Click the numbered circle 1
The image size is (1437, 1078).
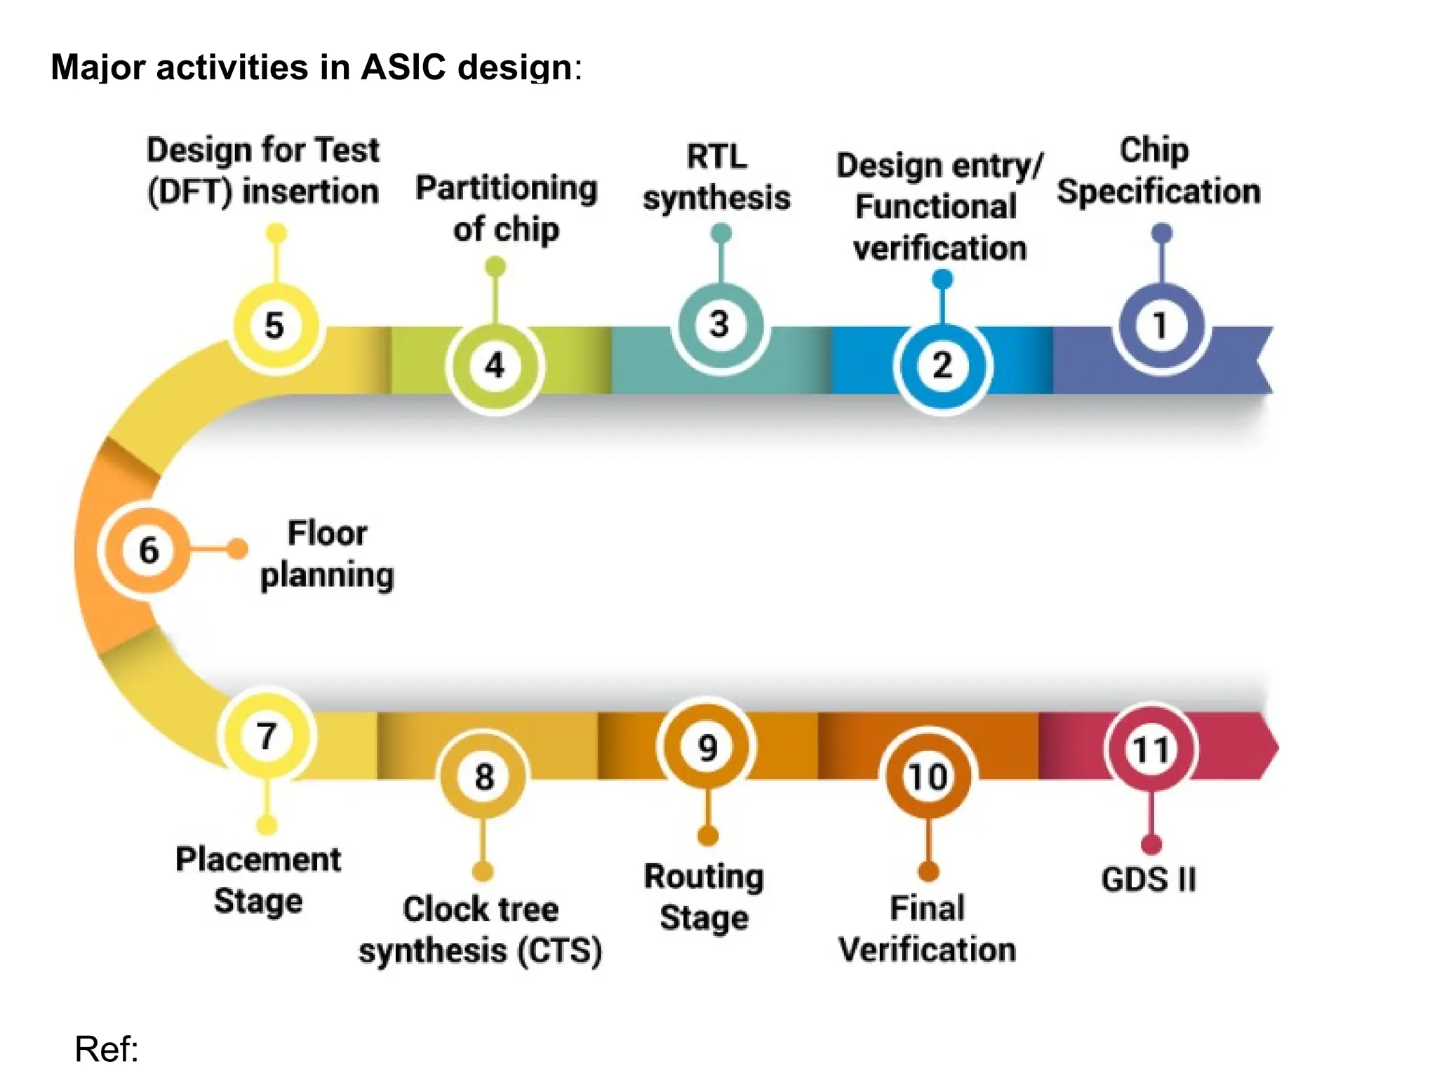(1161, 326)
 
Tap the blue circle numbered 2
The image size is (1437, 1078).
(942, 366)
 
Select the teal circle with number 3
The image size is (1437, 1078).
(720, 325)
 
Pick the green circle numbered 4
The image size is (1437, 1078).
(495, 366)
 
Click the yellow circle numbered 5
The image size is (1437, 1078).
(276, 326)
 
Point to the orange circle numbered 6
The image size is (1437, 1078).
(148, 550)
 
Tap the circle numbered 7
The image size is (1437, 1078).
(267, 736)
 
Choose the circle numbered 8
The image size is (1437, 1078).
(483, 776)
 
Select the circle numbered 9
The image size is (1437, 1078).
(707, 747)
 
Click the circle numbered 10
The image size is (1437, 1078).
(928, 776)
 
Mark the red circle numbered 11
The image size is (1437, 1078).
(1151, 750)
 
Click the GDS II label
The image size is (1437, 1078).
(1149, 879)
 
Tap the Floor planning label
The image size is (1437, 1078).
(327, 554)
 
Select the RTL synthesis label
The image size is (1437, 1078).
(716, 177)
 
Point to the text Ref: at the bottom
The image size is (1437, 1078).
(107, 1049)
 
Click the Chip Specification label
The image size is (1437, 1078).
(1158, 172)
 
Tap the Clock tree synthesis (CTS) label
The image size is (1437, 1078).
(481, 930)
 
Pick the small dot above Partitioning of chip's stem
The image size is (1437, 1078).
(495, 266)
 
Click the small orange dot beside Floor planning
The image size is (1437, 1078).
(237, 548)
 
